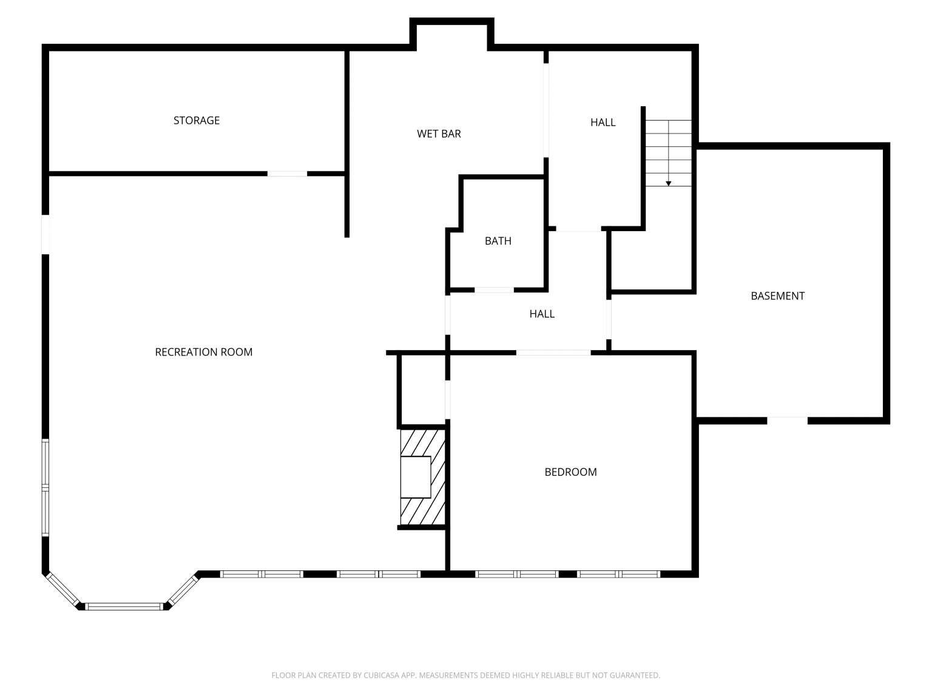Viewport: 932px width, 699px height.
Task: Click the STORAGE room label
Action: (x=196, y=121)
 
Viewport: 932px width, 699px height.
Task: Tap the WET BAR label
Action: (x=439, y=133)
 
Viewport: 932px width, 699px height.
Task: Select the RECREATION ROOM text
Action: (x=203, y=352)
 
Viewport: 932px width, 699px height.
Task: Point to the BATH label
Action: (x=498, y=241)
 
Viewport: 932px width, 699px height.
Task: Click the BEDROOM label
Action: (x=570, y=472)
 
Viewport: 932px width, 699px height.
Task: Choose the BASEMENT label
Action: (x=777, y=296)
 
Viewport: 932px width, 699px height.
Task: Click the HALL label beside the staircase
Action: (x=603, y=122)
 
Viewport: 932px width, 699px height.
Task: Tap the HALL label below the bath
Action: (x=542, y=314)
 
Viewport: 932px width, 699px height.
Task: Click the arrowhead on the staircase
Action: (x=668, y=184)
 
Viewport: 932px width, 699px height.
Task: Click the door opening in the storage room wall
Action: (x=287, y=174)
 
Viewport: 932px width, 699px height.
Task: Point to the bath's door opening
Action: (x=494, y=290)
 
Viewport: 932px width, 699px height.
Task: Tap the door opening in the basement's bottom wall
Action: (x=787, y=420)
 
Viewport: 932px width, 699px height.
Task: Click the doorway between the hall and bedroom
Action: (x=553, y=353)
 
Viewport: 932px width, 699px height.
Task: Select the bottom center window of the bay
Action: (x=125, y=607)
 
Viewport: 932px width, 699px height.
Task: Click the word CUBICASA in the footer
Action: (x=381, y=675)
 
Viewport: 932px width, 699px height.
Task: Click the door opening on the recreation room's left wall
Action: (x=46, y=235)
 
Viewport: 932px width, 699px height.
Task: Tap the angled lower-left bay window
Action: (x=62, y=590)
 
